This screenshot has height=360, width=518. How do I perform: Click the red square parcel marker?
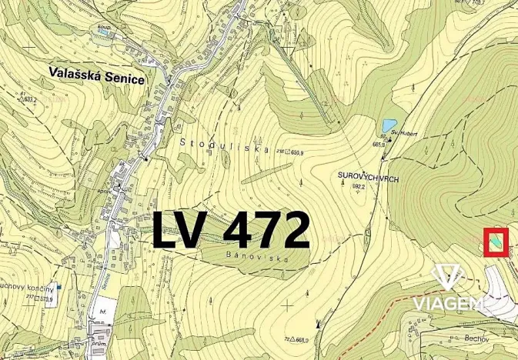[x=496, y=242]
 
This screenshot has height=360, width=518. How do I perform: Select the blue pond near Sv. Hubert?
[x=389, y=124]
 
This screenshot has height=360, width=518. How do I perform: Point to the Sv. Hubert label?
[x=403, y=133]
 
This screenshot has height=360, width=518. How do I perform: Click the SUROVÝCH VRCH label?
[x=367, y=176]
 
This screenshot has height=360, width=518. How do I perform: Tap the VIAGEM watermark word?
[x=450, y=304]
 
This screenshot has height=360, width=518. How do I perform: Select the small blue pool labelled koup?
[x=101, y=32]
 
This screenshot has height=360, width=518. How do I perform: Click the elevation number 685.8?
[x=378, y=144]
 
